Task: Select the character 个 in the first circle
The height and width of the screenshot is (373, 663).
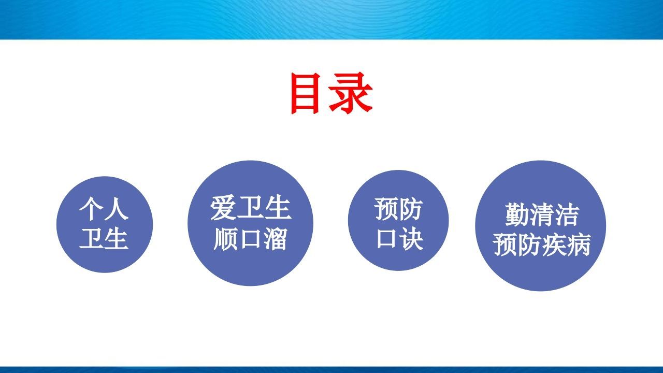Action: pos(91,210)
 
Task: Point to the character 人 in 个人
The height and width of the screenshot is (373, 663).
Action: pos(117,210)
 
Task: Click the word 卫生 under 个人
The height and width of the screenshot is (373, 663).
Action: pos(104,239)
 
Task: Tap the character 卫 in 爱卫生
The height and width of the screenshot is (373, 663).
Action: pos(250,208)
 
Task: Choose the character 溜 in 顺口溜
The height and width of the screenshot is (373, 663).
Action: pos(275,239)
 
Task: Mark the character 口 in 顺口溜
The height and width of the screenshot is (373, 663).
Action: pos(250,239)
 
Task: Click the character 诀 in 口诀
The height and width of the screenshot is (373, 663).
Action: pos(411,239)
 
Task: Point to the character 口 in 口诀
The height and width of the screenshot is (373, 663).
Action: pos(386,239)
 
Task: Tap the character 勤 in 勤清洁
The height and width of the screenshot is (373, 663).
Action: pos(516,214)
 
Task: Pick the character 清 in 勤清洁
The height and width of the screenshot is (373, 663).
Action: pos(541,214)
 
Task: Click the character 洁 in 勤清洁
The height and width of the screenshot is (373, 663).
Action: pos(566,214)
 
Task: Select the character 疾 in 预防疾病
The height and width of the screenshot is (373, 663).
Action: pos(554,245)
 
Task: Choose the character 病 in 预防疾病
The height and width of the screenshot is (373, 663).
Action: pos(579,245)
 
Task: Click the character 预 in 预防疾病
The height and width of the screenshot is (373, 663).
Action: pos(505,245)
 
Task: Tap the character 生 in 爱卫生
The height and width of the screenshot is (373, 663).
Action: pos(277,208)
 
